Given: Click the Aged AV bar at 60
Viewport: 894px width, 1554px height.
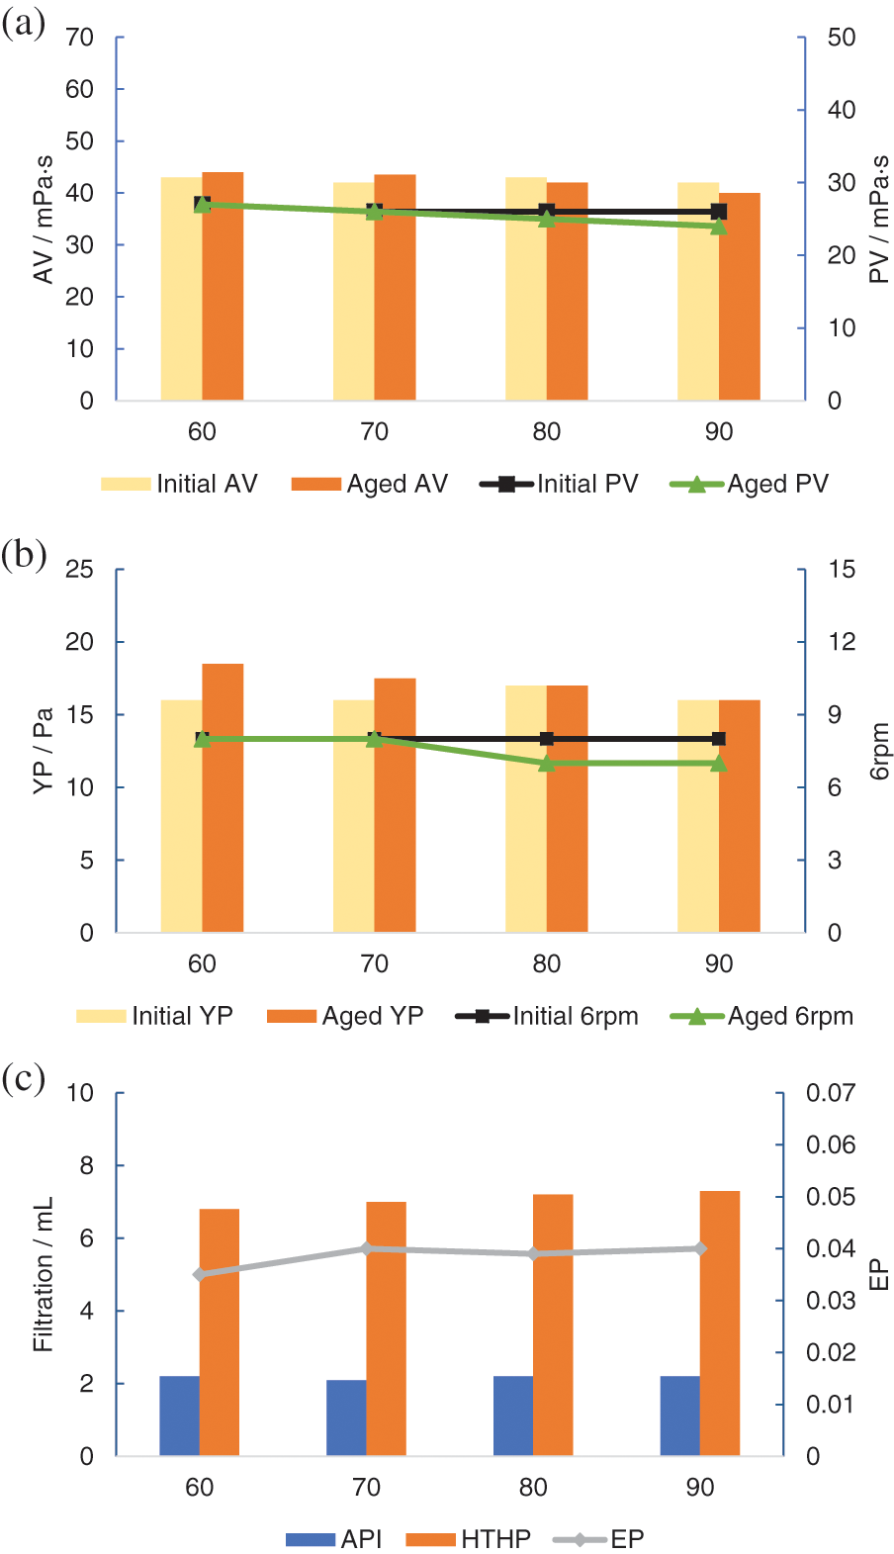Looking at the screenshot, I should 223,287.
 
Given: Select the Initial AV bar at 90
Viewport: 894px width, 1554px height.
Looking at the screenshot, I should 698,292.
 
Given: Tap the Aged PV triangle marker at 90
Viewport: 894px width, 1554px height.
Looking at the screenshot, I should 719,227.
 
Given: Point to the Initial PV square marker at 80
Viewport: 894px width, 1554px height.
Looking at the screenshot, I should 547,212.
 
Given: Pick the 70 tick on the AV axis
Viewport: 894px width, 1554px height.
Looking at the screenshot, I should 80,38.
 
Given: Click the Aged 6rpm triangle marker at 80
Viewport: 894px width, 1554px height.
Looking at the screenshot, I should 547,763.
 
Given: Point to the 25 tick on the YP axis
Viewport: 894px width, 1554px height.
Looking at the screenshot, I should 80,570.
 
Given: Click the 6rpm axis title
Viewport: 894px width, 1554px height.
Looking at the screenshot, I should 879,752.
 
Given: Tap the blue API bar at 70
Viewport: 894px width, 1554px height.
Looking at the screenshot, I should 346,1418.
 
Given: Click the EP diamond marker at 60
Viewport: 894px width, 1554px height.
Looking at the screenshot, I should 200,1274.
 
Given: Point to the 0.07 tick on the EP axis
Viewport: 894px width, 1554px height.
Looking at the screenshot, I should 831,1093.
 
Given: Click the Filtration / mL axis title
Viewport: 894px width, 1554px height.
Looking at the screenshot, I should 43,1274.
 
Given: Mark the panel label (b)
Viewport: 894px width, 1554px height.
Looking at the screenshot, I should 24,555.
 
